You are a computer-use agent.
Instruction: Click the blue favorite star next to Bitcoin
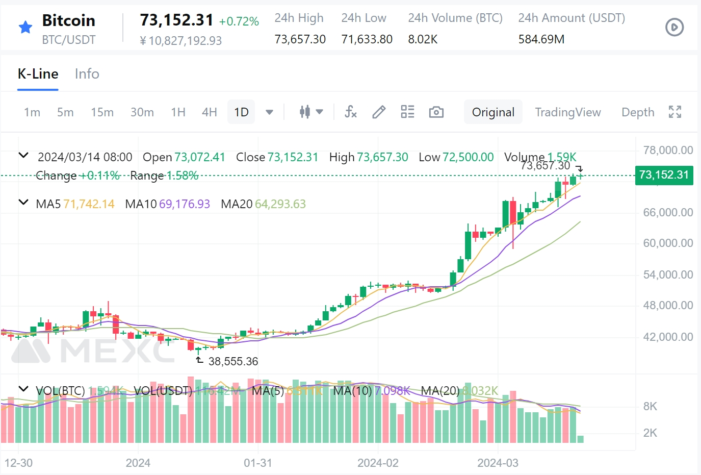pyautogui.click(x=25, y=27)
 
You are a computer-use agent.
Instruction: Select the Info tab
pyautogui.click(x=87, y=74)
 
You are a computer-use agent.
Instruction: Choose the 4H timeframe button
pyautogui.click(x=209, y=112)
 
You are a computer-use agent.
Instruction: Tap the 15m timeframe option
pyautogui.click(x=102, y=112)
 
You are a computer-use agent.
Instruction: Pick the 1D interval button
pyautogui.click(x=241, y=112)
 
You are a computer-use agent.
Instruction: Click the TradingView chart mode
pyautogui.click(x=567, y=112)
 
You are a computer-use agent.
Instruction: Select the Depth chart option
pyautogui.click(x=637, y=112)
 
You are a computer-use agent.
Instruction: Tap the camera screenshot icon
pyautogui.click(x=436, y=112)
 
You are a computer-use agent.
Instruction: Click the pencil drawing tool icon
pyautogui.click(x=379, y=112)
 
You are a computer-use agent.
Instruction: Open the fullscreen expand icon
pyautogui.click(x=675, y=112)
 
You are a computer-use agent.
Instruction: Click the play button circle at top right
pyautogui.click(x=674, y=27)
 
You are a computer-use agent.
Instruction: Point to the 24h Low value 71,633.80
pyautogui.click(x=367, y=39)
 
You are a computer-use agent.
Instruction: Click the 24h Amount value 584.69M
pyautogui.click(x=541, y=39)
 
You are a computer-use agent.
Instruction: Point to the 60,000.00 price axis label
pyautogui.click(x=667, y=243)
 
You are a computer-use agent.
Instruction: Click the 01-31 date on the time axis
pyautogui.click(x=257, y=463)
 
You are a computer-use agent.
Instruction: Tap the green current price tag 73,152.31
pyautogui.click(x=664, y=175)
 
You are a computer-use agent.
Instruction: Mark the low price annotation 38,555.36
pyautogui.click(x=233, y=361)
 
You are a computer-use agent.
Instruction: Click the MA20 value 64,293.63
pyautogui.click(x=280, y=204)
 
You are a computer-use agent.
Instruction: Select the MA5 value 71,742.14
pyautogui.click(x=89, y=204)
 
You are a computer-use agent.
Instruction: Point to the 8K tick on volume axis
pyautogui.click(x=650, y=407)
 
